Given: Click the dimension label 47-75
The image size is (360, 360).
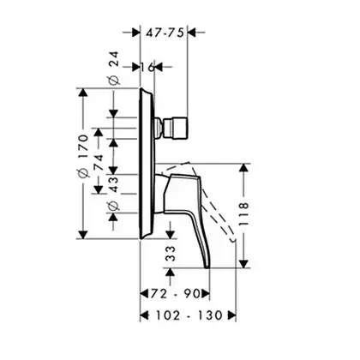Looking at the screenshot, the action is coord(165,33).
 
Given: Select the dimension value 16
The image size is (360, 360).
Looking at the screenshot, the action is coord(147,67).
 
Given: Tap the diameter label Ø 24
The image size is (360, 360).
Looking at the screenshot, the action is coord(114,68).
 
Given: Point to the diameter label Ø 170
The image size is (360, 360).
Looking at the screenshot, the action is coord(83,156).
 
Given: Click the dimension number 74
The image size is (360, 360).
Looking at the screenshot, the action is coord(99,162).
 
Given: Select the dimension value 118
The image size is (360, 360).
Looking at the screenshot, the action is coord(243,213).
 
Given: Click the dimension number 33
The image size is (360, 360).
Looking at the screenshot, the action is coord(171,254).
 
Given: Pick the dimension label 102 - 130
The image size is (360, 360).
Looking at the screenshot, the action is coord(189,315).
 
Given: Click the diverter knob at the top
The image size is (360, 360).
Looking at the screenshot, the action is coord(176,128).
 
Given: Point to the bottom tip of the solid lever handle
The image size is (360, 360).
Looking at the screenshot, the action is coord(207,267).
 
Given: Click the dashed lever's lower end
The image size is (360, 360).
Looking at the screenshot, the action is coord(234,240).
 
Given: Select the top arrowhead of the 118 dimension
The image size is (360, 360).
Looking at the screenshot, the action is coord(243,168).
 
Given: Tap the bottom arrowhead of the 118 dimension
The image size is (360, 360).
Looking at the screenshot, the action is coord(243,264).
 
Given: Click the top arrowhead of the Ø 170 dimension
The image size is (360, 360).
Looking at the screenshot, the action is coord(83,93).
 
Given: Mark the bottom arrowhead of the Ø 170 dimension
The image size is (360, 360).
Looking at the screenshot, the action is coord(83,235).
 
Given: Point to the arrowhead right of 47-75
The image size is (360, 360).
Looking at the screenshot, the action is coord(192,33).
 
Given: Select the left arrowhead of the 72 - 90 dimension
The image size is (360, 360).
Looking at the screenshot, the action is coord(145,293).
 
